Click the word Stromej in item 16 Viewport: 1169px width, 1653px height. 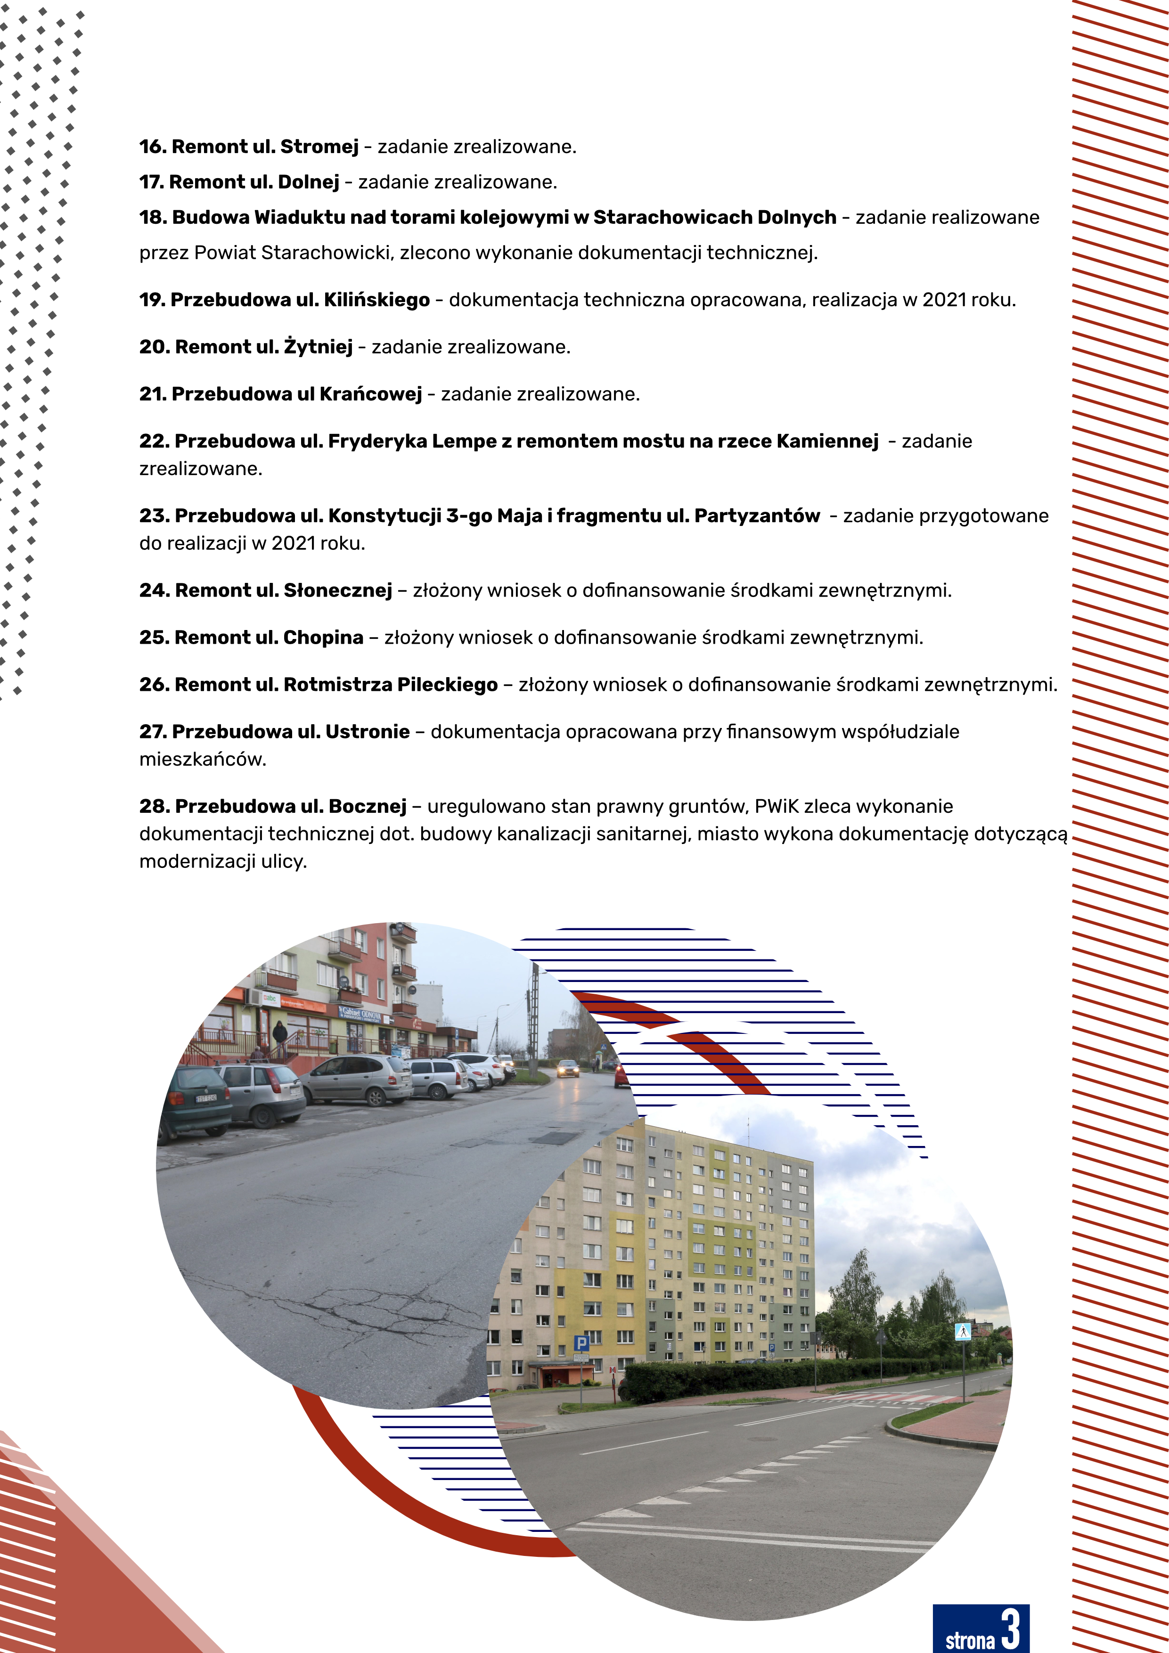tap(319, 147)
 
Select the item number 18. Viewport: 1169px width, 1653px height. tap(153, 217)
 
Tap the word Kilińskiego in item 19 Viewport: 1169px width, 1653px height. tap(376, 300)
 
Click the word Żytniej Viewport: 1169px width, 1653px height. tap(318, 347)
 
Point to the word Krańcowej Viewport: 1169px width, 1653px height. tap(370, 394)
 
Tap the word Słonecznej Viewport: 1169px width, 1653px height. tap(337, 591)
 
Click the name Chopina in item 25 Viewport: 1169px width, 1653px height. tap(323, 638)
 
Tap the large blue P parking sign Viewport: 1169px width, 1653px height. tap(581, 1342)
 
